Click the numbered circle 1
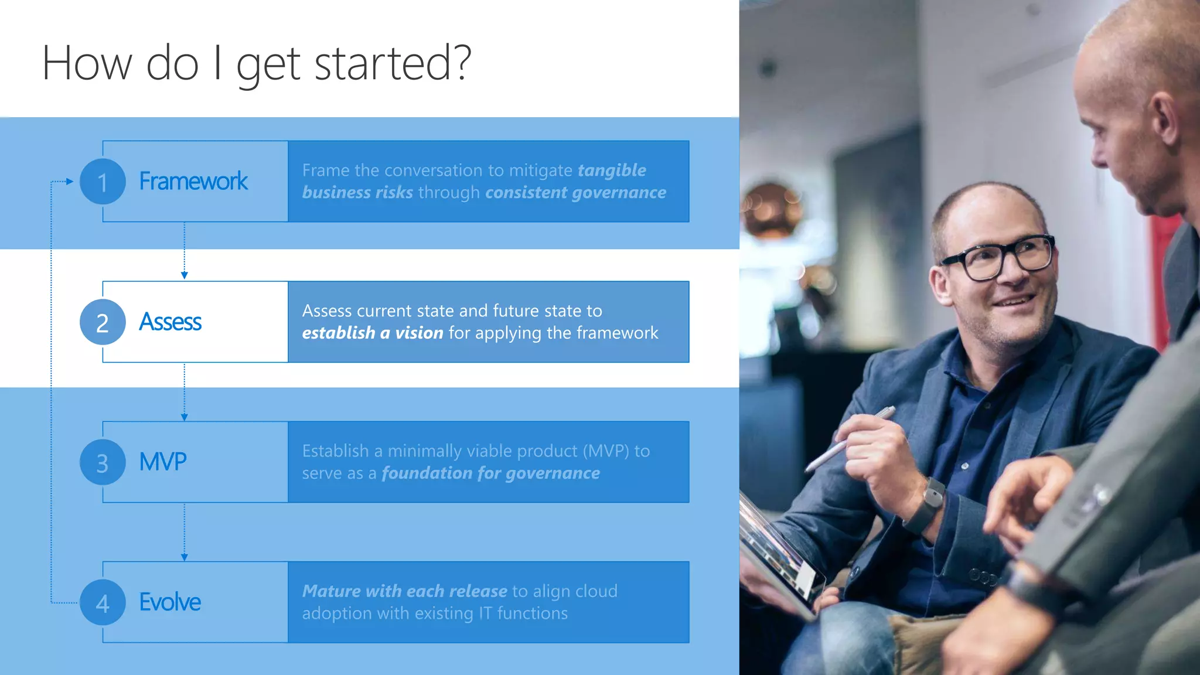[x=103, y=182]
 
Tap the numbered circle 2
[x=103, y=322]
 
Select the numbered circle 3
[x=103, y=462]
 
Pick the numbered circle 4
[x=103, y=602]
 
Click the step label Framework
[x=193, y=182]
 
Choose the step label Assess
[x=170, y=322]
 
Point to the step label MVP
[x=163, y=462]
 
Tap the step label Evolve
[x=170, y=602]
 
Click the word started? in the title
[x=393, y=63]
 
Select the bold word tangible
[x=612, y=171]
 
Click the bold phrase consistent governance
[x=575, y=193]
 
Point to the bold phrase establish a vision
[x=373, y=333]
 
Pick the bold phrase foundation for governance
[x=491, y=473]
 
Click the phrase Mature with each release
[x=405, y=591]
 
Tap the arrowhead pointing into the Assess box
[x=185, y=275]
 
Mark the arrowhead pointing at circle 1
[x=70, y=182]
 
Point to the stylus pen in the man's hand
[x=850, y=439]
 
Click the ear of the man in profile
[x=1163, y=117]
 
